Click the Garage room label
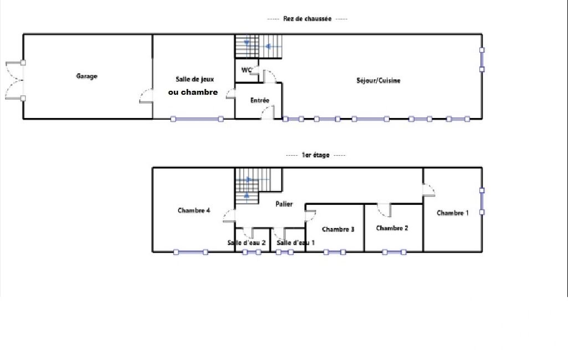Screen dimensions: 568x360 (86, 76)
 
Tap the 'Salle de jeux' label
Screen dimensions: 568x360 (195, 79)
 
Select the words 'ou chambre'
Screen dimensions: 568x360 (193, 92)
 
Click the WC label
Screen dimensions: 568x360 (247, 70)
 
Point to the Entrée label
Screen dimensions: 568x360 (260, 100)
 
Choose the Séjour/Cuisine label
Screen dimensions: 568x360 (378, 80)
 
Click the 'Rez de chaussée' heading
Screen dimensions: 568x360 (307, 18)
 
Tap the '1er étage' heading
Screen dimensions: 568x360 (315, 155)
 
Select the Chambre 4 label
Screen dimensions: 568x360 (194, 210)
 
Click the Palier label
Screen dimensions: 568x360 (284, 204)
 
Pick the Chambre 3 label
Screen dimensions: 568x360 (338, 229)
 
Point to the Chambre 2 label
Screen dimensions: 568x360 (392, 228)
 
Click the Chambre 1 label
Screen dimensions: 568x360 (452, 213)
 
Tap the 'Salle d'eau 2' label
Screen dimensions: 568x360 (247, 243)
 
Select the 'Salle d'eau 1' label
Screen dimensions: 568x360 (295, 243)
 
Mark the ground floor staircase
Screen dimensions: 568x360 (258, 47)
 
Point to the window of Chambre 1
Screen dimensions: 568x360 (482, 201)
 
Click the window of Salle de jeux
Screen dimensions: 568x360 (197, 119)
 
